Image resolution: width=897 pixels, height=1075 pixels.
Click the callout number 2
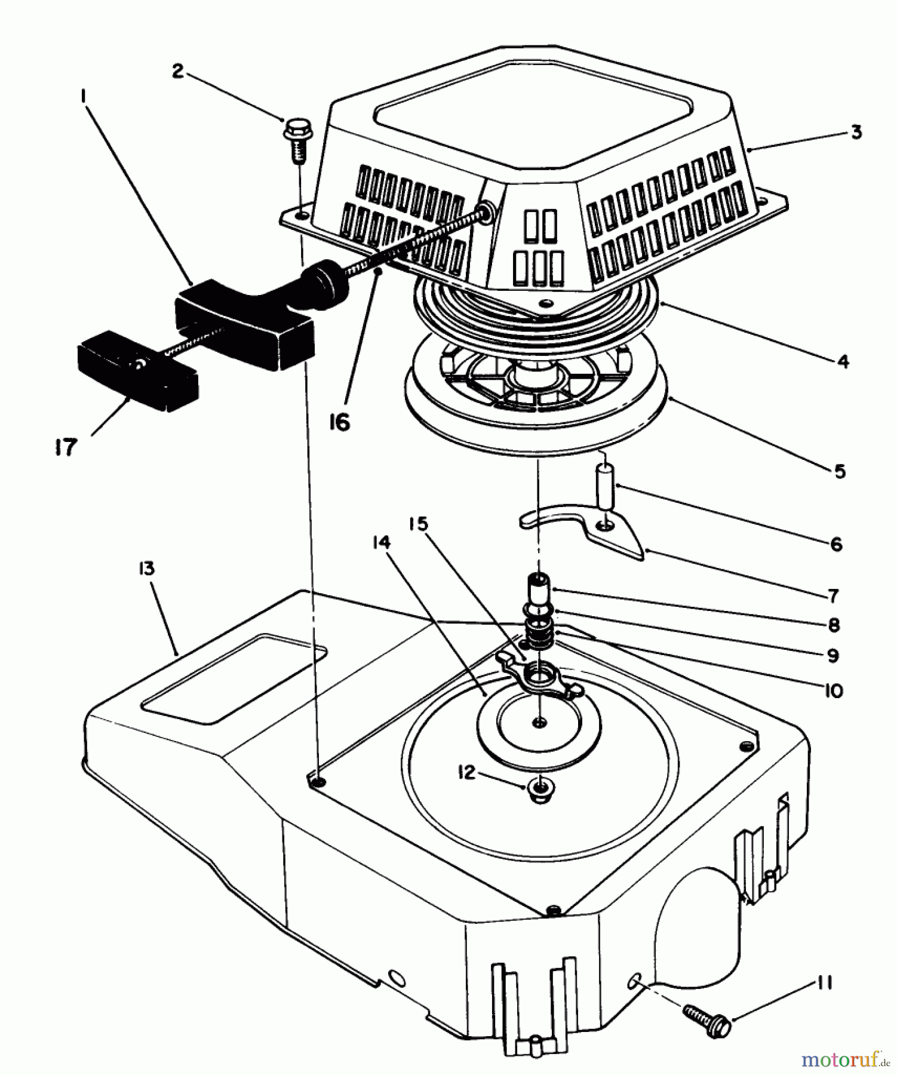[177, 71]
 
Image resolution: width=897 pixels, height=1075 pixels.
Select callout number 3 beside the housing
[856, 131]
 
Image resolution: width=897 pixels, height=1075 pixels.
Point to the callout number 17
[66, 447]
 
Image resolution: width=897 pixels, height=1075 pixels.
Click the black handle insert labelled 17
[137, 370]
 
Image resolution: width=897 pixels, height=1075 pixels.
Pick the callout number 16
[340, 422]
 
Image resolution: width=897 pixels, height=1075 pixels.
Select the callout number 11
[824, 982]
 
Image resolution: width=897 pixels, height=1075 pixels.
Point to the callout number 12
[466, 773]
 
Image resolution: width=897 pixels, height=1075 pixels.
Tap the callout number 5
[840, 471]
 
